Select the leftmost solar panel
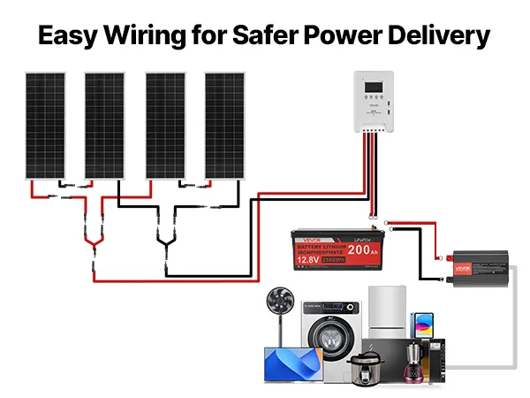[x=43, y=126]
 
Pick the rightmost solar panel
[x=223, y=126]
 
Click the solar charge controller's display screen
[x=376, y=89]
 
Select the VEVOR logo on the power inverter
[x=461, y=267]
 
